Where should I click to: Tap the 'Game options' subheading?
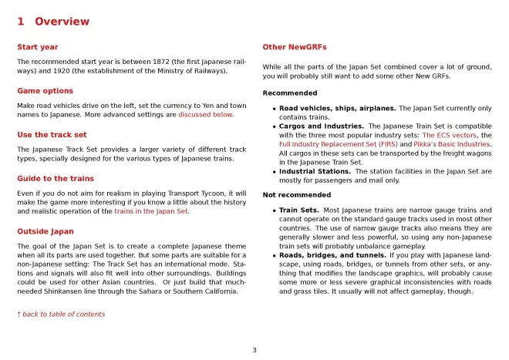pos(45,91)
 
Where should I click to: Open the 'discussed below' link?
pos(206,115)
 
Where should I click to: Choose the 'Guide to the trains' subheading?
pos(56,178)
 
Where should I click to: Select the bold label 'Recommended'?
pos(289,93)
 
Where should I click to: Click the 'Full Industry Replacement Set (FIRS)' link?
pos(333,144)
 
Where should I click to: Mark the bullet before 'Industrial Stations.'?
pos(274,172)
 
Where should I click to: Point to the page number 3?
pos(254,350)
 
